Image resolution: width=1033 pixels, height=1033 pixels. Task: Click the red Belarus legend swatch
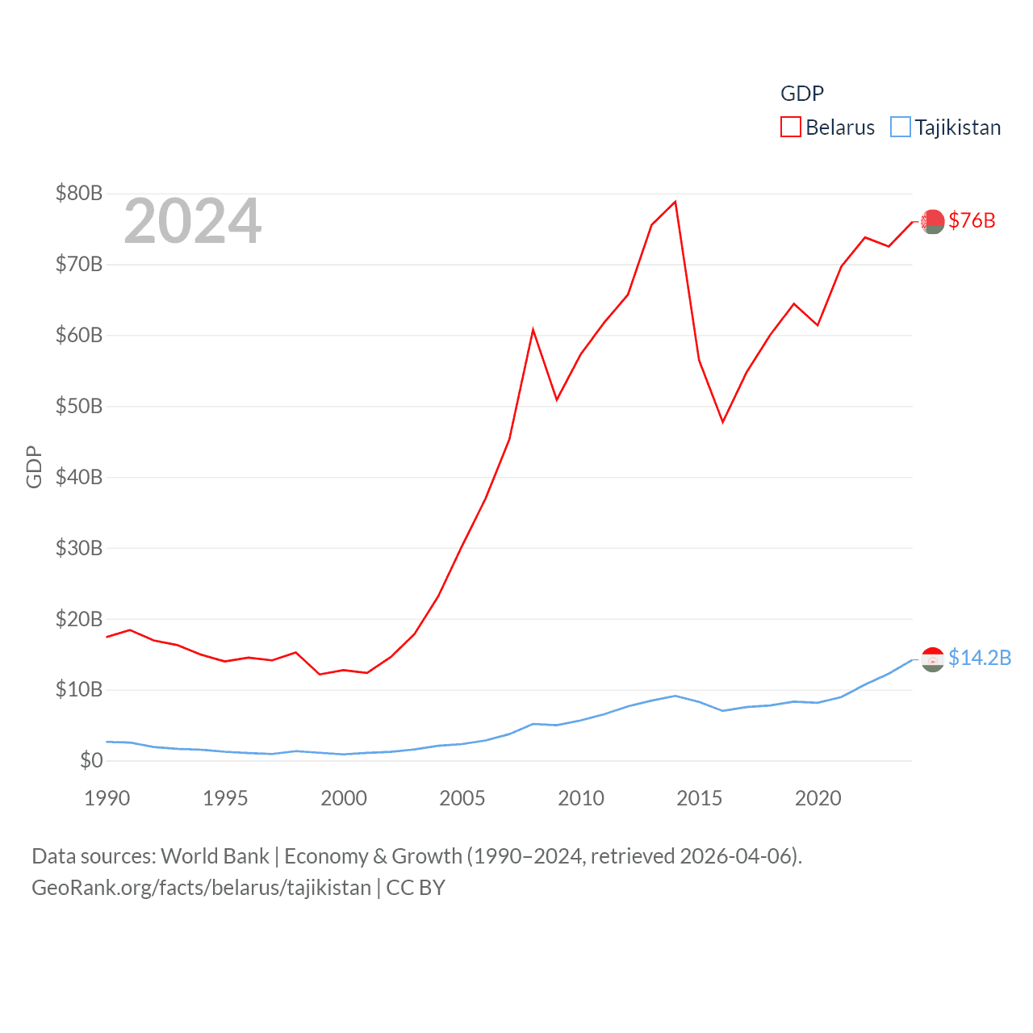pos(791,128)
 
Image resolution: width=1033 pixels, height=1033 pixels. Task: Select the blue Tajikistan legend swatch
pos(901,128)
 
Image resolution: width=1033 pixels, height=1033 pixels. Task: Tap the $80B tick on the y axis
pos(79,194)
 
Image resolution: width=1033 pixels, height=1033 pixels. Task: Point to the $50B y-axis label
pos(79,406)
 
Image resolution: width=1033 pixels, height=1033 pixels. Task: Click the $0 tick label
pos(91,760)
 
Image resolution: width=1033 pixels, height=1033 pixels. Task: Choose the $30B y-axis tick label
pos(79,548)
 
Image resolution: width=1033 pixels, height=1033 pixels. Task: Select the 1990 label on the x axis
pos(107,798)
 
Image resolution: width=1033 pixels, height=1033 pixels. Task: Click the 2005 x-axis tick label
pos(462,798)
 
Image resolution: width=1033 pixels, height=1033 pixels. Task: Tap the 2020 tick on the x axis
pos(818,798)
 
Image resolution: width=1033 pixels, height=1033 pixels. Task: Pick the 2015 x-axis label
pos(700,798)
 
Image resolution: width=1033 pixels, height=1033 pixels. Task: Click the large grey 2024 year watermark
pos(193,221)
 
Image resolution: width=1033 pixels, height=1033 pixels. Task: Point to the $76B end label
pos(972,220)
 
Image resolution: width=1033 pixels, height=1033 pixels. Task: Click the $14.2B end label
pos(980,658)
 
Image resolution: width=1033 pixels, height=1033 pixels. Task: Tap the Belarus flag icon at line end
pos(933,221)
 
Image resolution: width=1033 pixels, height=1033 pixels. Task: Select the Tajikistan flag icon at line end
pos(933,659)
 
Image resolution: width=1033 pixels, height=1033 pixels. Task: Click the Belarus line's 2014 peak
pos(675,202)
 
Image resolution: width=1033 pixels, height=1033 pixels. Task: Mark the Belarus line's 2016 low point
pos(723,422)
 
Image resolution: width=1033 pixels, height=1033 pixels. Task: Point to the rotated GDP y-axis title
pos(34,466)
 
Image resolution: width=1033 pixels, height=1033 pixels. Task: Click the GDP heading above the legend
pos(802,94)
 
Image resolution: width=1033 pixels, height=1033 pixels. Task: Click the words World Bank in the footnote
pos(215,856)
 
